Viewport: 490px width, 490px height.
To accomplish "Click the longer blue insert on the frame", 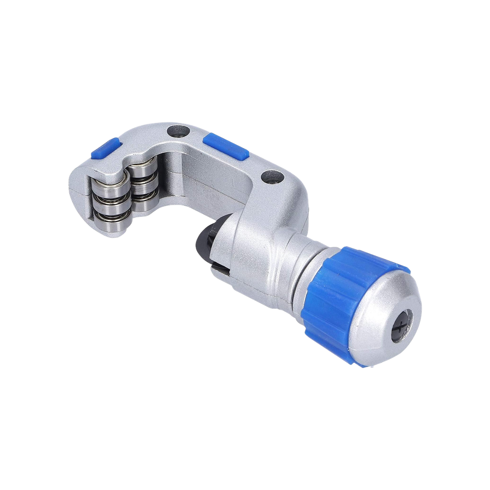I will point(225,146).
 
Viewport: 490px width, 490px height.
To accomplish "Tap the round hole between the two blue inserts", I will point(176,131).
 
